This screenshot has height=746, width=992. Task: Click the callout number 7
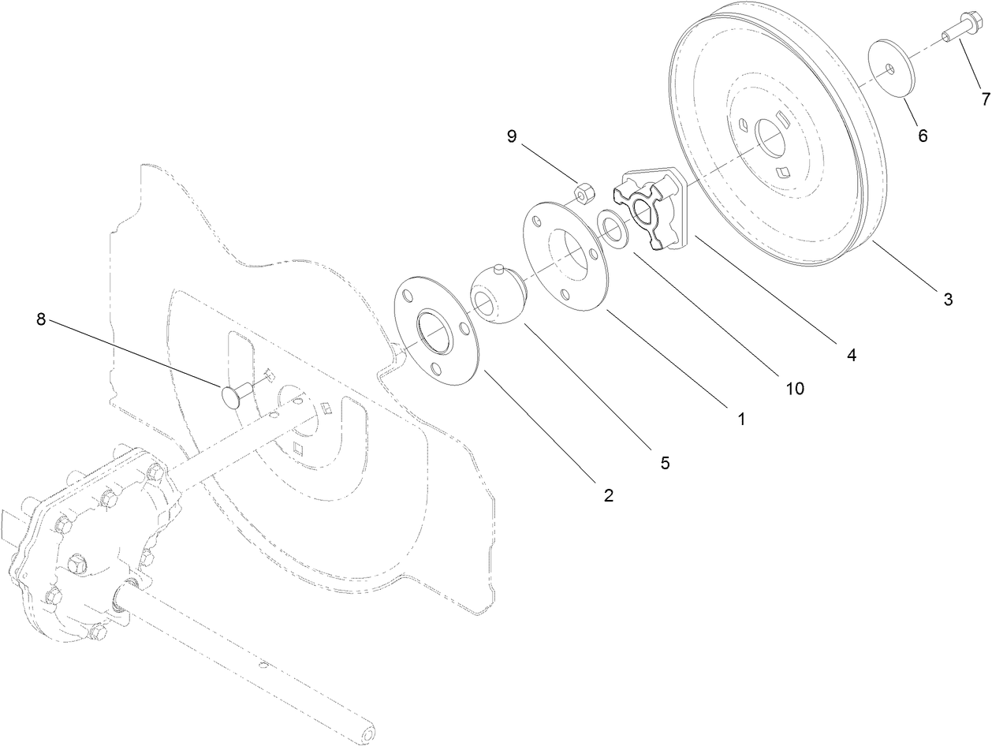click(x=984, y=99)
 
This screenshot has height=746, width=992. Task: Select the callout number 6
click(x=922, y=135)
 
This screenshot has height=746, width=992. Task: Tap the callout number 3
click(x=948, y=299)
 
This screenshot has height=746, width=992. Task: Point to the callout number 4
click(x=851, y=355)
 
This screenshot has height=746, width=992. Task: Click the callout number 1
click(x=740, y=419)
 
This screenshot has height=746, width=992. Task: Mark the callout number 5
click(x=665, y=463)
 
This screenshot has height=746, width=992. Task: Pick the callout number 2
click(x=608, y=495)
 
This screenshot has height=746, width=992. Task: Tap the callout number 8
click(x=41, y=319)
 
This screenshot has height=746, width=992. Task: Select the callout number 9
click(x=512, y=136)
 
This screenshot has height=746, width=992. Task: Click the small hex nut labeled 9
click(x=584, y=192)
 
